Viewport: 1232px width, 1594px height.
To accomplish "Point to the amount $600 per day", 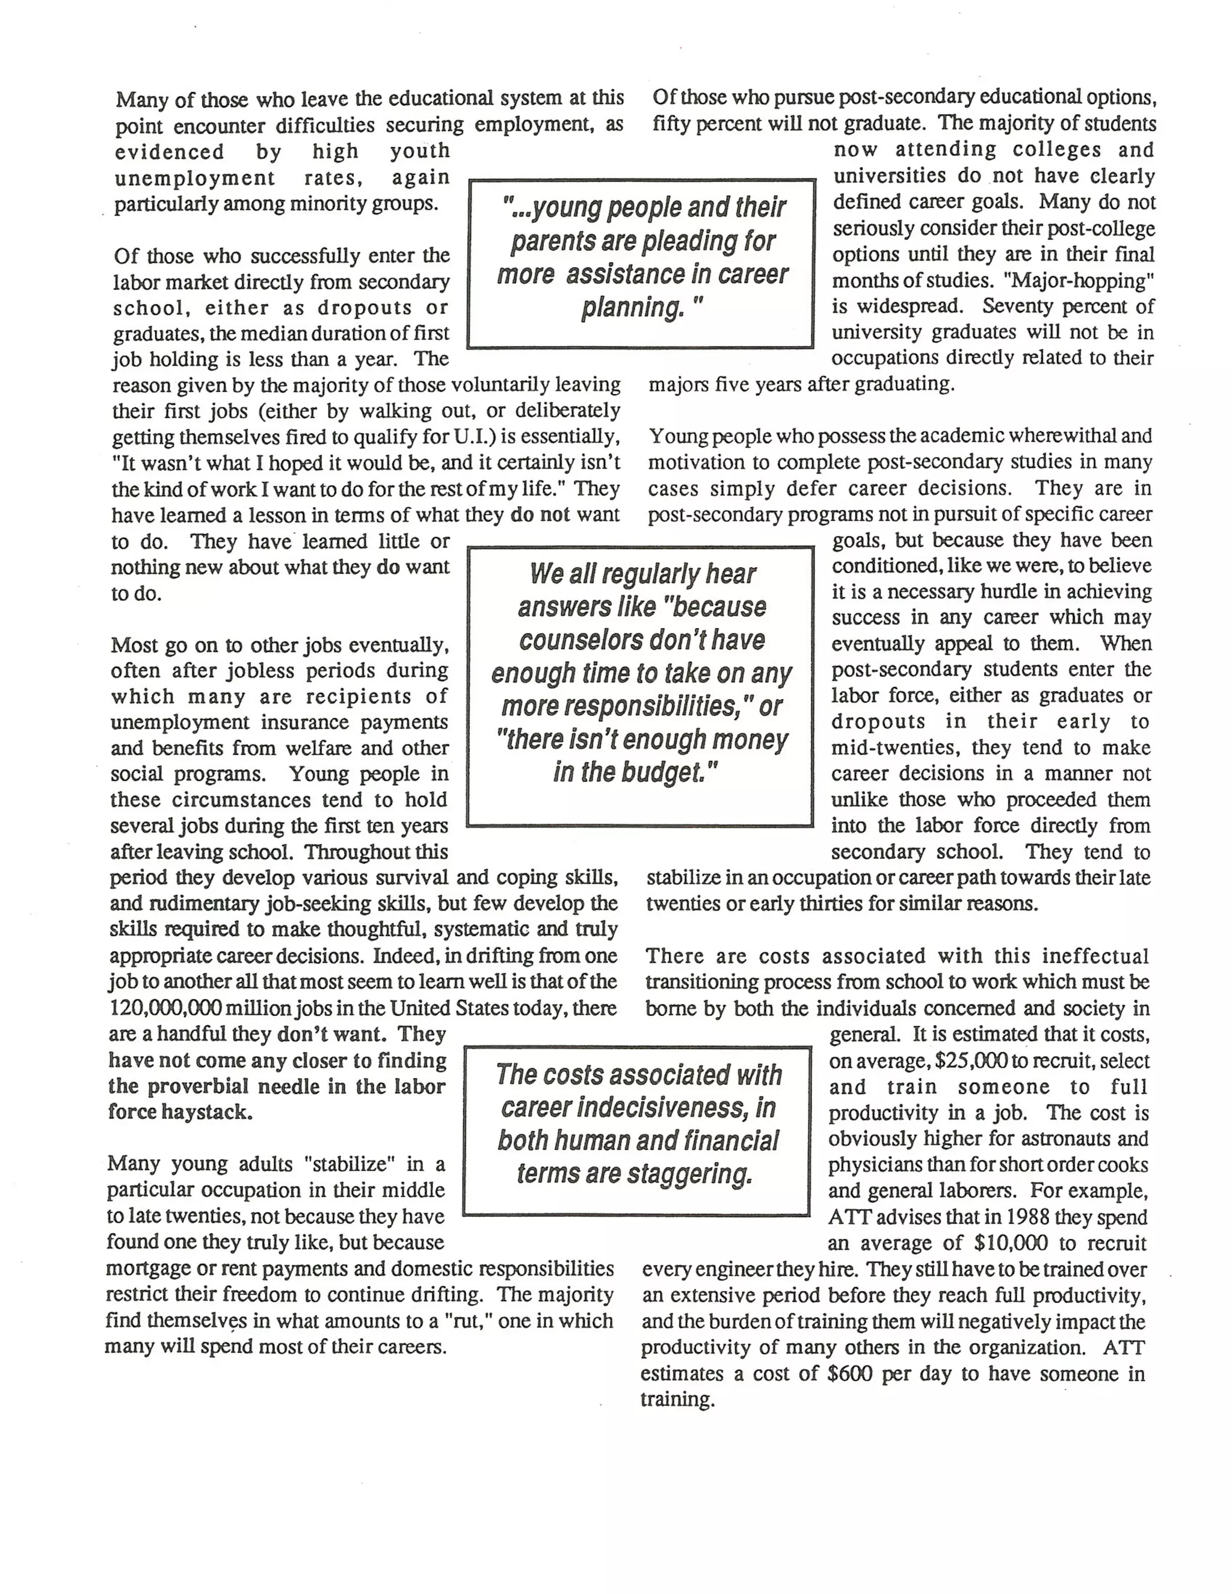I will coord(850,1374).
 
